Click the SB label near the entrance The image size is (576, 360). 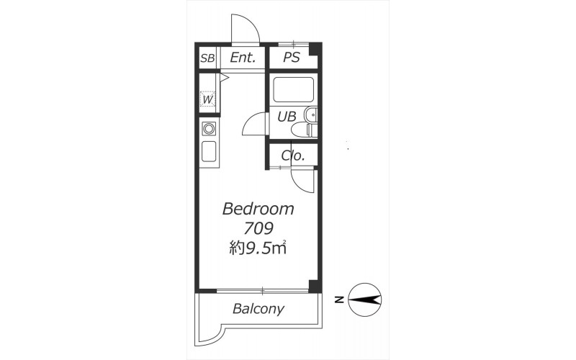(x=207, y=58)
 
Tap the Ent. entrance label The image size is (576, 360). (x=243, y=58)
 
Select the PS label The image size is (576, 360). (x=292, y=57)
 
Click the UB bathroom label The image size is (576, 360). (x=287, y=117)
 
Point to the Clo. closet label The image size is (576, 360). (x=293, y=156)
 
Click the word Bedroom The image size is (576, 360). (x=258, y=209)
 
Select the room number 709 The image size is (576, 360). (x=258, y=228)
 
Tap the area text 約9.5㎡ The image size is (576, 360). (x=258, y=248)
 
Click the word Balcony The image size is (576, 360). (x=258, y=309)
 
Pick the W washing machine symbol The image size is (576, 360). (x=208, y=99)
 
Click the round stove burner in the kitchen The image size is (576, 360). (x=209, y=129)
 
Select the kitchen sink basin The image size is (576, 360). (x=209, y=151)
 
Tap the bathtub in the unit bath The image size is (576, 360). (x=293, y=89)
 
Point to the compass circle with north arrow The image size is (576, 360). (x=365, y=300)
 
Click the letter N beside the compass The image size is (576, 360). (x=339, y=300)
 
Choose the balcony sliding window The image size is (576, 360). (x=262, y=292)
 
